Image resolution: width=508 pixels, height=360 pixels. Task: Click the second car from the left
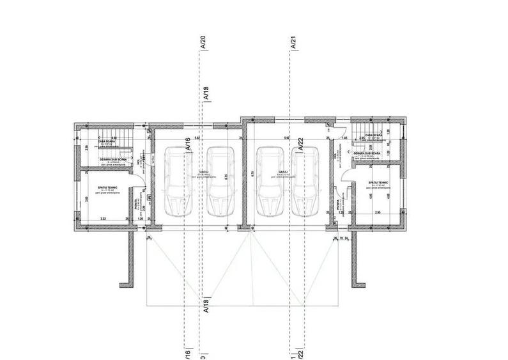220,183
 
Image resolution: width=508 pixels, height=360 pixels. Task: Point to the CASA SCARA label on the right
373,143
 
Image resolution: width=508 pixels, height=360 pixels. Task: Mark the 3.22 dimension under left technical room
102,219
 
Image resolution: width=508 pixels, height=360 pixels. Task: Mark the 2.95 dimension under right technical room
377,212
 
